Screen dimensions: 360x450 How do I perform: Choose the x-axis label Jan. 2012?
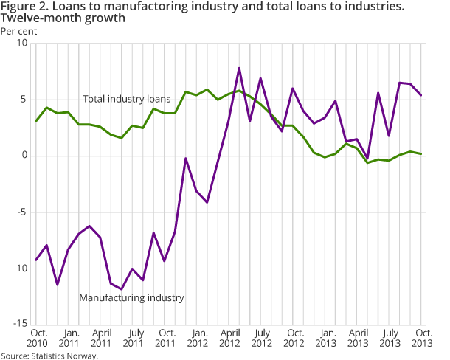[197, 336]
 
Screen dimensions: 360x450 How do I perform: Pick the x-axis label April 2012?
[229, 336]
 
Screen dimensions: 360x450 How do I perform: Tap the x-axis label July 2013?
[390, 336]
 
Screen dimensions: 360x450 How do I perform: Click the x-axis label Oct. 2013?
[423, 336]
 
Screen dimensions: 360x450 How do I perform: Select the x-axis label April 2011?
[100, 336]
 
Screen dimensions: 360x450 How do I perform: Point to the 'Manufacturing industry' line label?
[131, 297]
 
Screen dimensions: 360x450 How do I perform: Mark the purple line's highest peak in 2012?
[240, 68]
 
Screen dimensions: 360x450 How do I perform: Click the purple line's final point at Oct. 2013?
[422, 95]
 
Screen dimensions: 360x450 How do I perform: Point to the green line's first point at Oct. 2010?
[36, 121]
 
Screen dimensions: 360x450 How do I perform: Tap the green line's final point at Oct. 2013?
[422, 153]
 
